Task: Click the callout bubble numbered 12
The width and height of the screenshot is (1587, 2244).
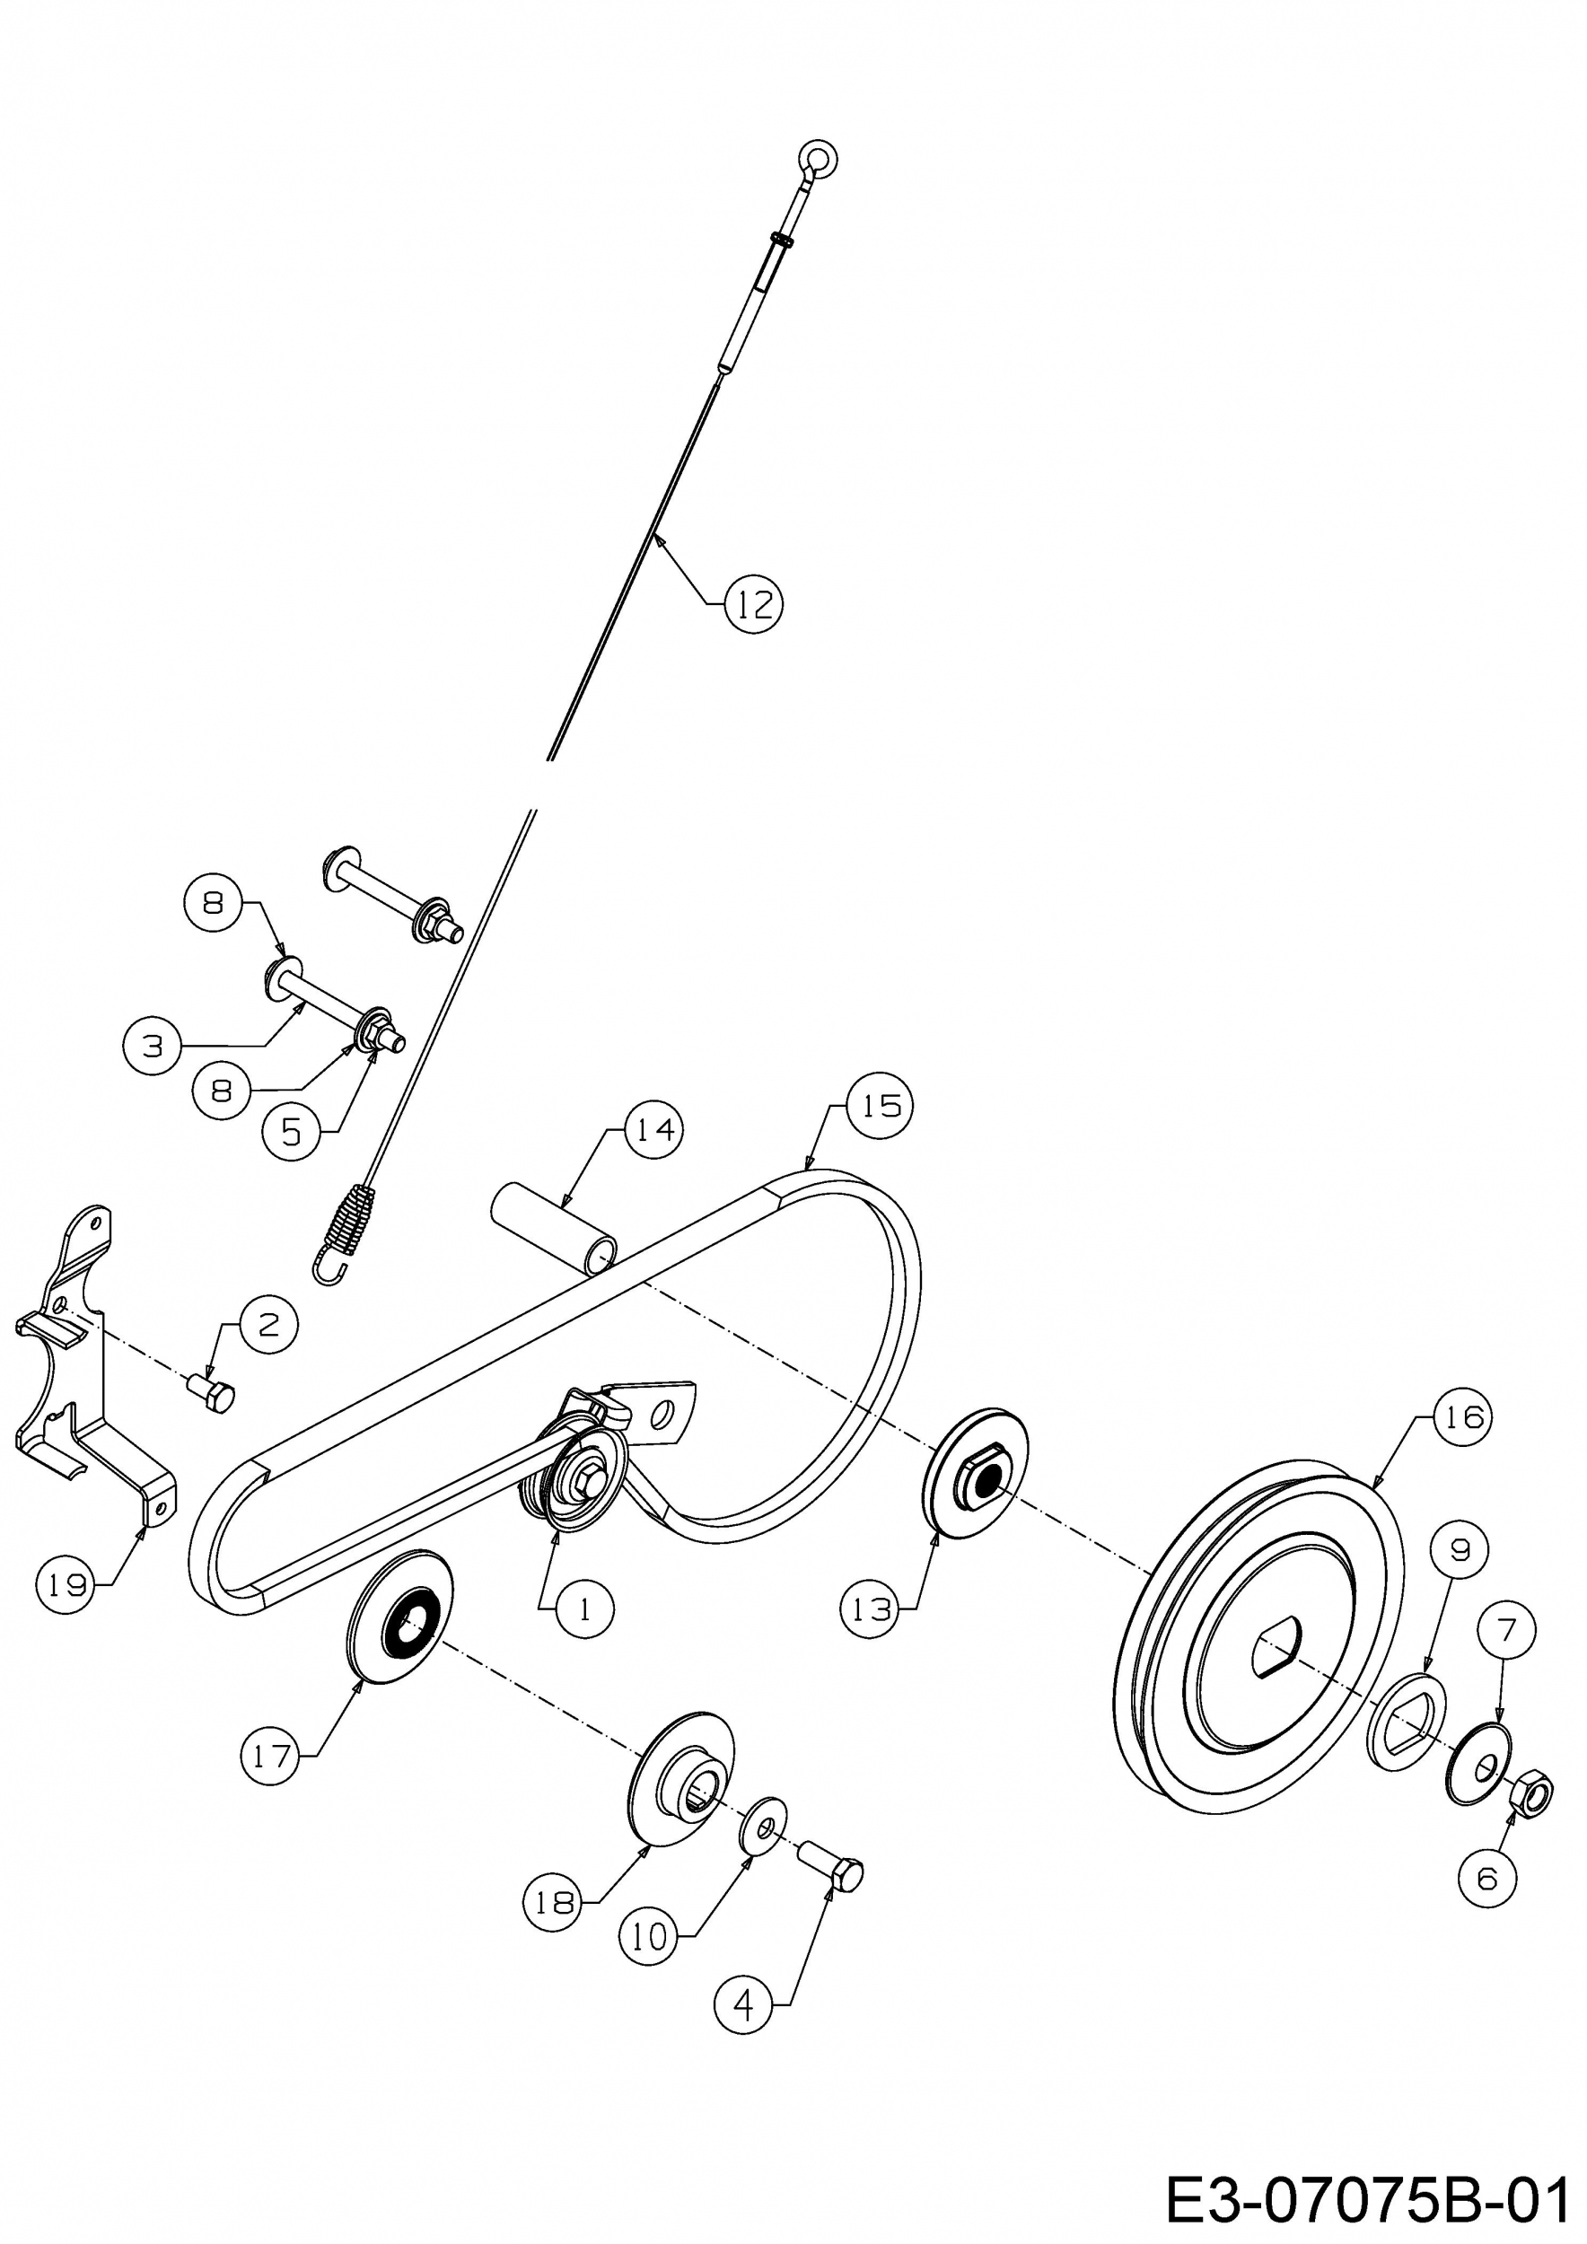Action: (754, 605)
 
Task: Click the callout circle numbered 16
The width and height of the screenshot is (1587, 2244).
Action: (1463, 1416)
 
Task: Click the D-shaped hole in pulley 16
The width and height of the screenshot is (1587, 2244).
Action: (1277, 1645)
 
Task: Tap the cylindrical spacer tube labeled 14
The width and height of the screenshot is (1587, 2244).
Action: (554, 1229)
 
